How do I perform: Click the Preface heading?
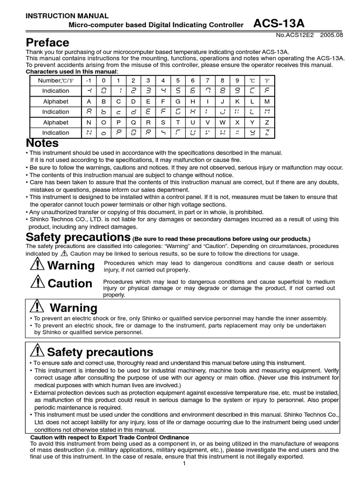(47, 42)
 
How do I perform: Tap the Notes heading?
(42, 142)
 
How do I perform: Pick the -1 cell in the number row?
(88, 81)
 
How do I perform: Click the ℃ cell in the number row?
(252, 81)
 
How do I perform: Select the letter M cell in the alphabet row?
(267, 101)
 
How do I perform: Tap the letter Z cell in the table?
(267, 122)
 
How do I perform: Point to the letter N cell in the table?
(88, 122)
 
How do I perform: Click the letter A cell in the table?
(88, 101)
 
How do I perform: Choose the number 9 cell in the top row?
(237, 81)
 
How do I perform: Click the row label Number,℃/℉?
(55, 81)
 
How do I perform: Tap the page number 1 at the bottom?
(185, 464)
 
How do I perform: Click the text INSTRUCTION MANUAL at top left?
(67, 16)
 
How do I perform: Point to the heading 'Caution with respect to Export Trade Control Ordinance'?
(110, 437)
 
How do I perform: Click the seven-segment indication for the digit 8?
(222, 91)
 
